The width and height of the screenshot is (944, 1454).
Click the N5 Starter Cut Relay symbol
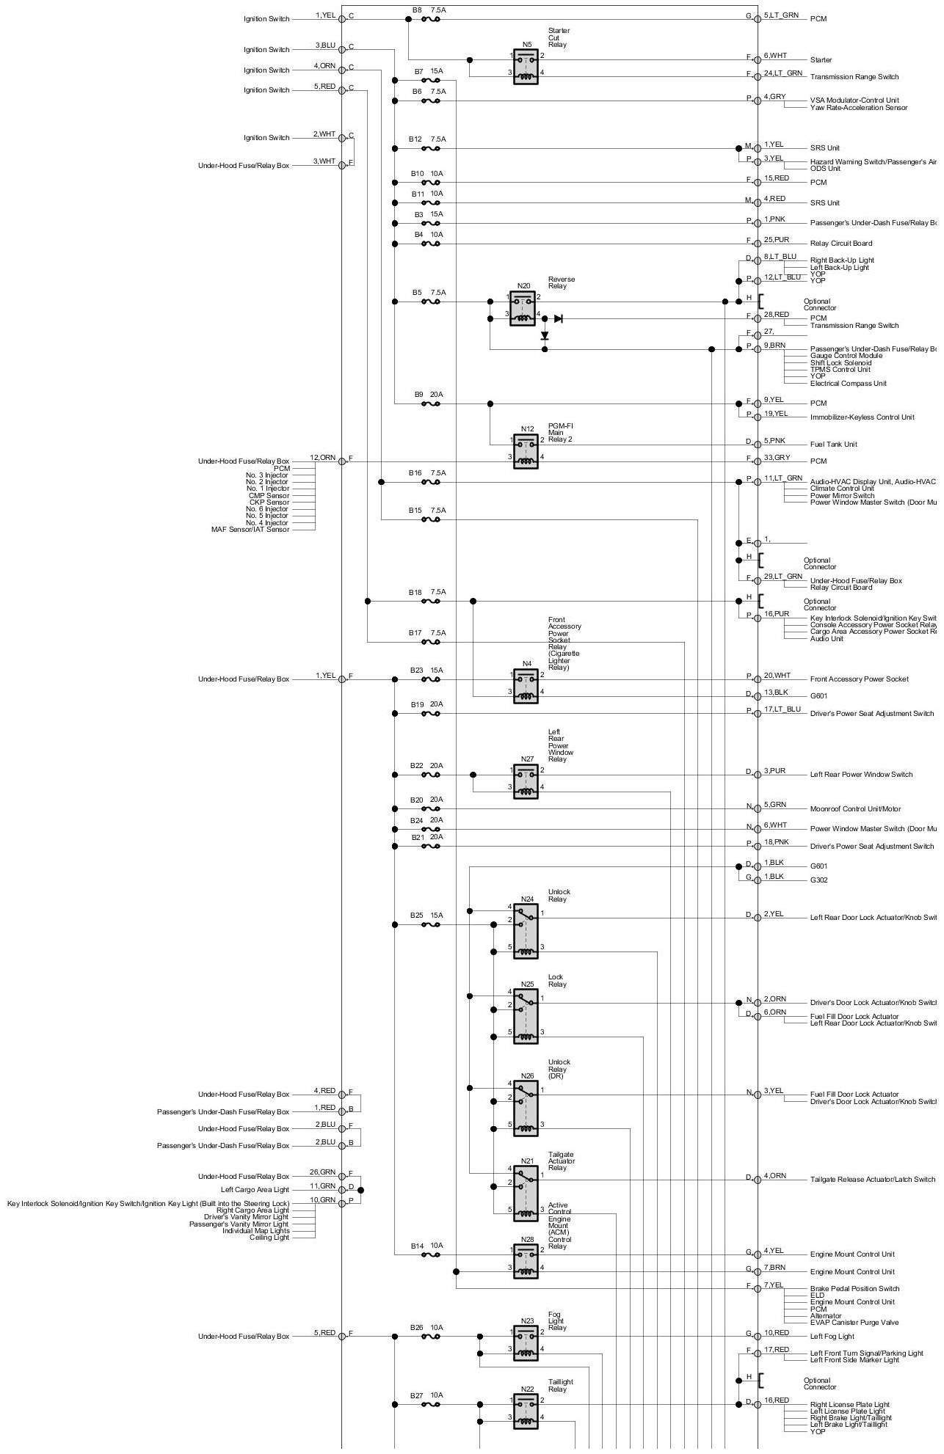(x=526, y=66)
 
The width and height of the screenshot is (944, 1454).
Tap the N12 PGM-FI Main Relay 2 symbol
(x=526, y=450)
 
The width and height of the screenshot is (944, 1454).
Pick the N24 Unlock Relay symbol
(x=526, y=930)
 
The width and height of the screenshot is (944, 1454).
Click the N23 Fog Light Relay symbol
(x=526, y=1342)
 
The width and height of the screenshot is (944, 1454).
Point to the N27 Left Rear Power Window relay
(x=526, y=781)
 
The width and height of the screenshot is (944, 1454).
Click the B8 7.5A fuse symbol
(x=430, y=19)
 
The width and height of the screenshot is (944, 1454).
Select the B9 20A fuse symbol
(x=430, y=403)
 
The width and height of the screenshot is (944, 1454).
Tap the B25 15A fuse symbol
(x=430, y=925)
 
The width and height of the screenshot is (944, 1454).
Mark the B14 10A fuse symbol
(x=430, y=1254)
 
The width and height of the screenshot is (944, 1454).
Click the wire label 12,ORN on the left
(x=322, y=458)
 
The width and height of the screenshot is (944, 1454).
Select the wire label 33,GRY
(x=777, y=458)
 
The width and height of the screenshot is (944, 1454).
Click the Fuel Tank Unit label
(x=833, y=445)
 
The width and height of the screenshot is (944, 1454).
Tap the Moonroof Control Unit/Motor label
(x=855, y=809)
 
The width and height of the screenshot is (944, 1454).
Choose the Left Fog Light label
(x=832, y=1337)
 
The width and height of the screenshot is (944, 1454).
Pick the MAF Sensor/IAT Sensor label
(x=250, y=530)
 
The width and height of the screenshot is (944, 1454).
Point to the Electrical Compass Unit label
(x=848, y=384)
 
